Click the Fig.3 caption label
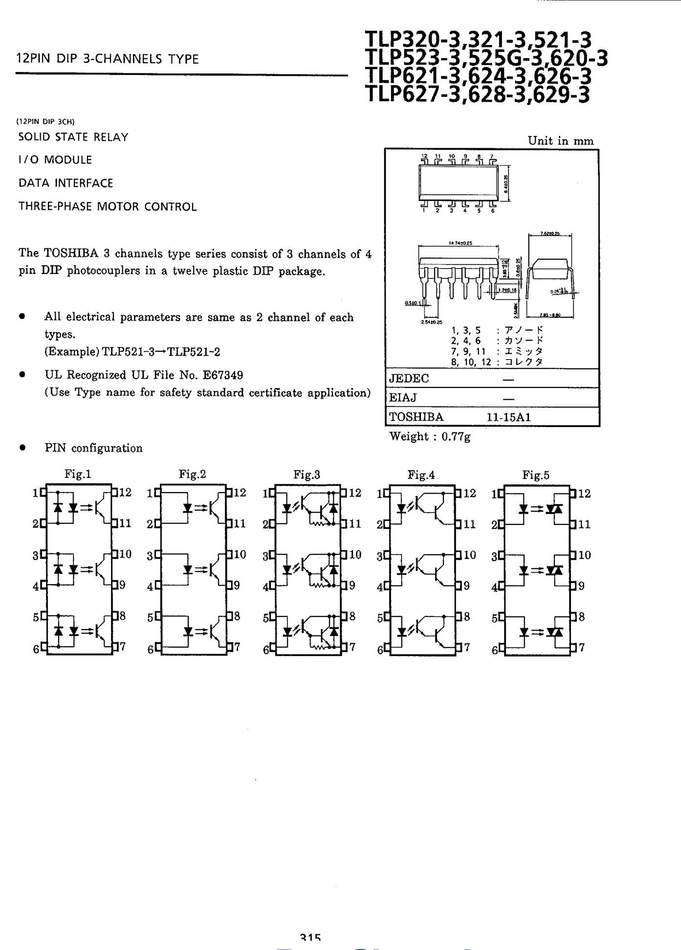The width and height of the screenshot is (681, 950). (x=307, y=475)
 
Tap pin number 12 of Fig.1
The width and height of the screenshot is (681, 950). (x=125, y=493)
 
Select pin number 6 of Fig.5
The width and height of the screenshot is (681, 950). (x=495, y=651)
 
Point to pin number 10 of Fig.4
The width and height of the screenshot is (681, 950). (x=469, y=555)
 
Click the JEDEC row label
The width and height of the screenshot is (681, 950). (x=409, y=379)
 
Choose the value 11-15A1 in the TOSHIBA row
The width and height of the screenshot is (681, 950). (x=508, y=417)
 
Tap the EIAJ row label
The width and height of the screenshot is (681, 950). (x=403, y=398)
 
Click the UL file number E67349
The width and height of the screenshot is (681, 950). (x=223, y=375)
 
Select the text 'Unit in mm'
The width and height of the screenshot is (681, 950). (x=560, y=141)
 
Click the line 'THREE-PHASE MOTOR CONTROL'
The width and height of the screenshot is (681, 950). (x=108, y=207)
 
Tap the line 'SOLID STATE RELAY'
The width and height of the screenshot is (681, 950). (x=73, y=137)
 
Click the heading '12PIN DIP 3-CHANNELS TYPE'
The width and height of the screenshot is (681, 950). (x=108, y=60)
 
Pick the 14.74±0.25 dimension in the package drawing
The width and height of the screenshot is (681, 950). (x=460, y=243)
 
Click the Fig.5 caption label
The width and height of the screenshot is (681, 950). (x=535, y=475)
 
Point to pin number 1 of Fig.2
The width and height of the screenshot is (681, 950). (x=150, y=493)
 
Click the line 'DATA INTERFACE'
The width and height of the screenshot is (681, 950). (x=66, y=183)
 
